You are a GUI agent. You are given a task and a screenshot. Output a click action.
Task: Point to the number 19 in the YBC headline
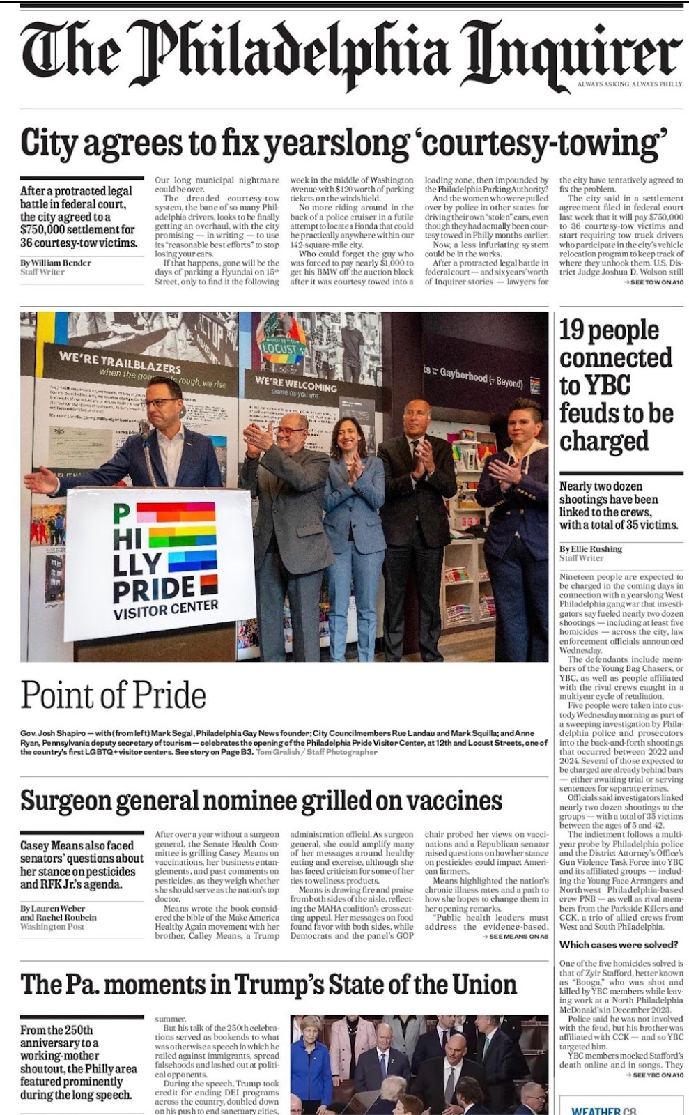tap(575, 330)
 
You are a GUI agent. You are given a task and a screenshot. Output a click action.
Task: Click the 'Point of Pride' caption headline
tap(113, 695)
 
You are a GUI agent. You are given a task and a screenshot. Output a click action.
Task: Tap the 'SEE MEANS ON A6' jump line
tap(515, 937)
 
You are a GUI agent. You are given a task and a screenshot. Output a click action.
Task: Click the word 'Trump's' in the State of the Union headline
tap(343, 985)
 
